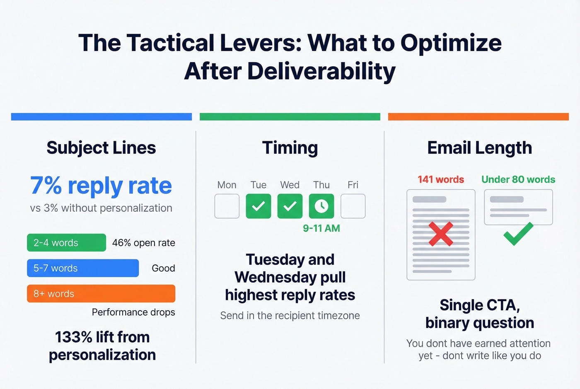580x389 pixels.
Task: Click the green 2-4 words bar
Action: tap(66, 243)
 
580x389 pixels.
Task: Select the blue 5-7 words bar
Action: tap(83, 268)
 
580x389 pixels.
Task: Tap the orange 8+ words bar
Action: tap(101, 293)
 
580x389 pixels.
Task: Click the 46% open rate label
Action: tap(143, 243)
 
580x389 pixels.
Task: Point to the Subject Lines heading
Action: tap(101, 148)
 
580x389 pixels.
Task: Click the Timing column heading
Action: tap(290, 148)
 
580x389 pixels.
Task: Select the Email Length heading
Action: tap(479, 148)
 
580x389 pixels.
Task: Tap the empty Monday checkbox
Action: tap(227, 206)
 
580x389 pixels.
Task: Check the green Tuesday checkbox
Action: tap(259, 206)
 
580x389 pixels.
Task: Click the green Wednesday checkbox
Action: tap(290, 206)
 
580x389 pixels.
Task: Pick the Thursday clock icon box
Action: tap(321, 206)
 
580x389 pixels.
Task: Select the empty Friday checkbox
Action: tap(353, 206)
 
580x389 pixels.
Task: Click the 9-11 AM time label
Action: tap(321, 228)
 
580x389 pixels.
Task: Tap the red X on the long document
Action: tap(441, 234)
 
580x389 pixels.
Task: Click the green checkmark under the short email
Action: tap(518, 234)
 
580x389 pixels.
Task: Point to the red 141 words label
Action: tap(441, 179)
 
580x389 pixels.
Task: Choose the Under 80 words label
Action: tap(518, 179)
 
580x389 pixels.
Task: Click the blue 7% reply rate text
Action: tap(101, 186)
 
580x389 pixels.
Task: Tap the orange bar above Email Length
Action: tap(479, 117)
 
